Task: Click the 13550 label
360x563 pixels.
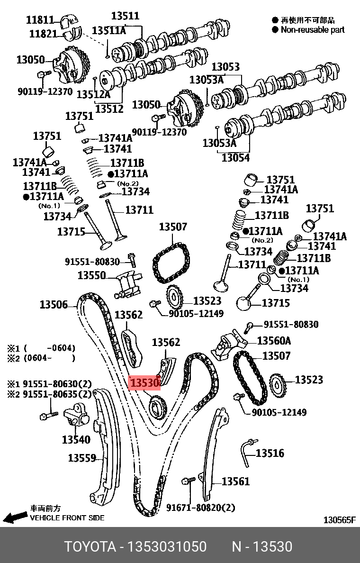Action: (92, 275)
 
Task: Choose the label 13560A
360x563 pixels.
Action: (274, 341)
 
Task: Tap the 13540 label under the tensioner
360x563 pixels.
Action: (76, 440)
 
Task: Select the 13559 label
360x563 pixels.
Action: (82, 458)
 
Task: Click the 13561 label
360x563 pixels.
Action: (235, 482)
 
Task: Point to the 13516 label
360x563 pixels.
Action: (270, 454)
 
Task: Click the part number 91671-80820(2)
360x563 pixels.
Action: (200, 508)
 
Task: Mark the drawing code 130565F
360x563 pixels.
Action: (339, 520)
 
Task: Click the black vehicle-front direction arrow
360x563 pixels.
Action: (15, 517)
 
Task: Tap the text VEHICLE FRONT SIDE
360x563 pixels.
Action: (67, 518)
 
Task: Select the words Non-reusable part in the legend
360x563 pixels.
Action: (313, 30)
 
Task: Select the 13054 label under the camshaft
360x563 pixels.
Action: (235, 157)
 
